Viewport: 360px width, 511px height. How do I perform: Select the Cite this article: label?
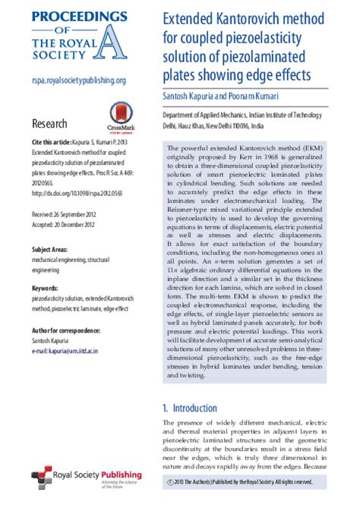[52, 142]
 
